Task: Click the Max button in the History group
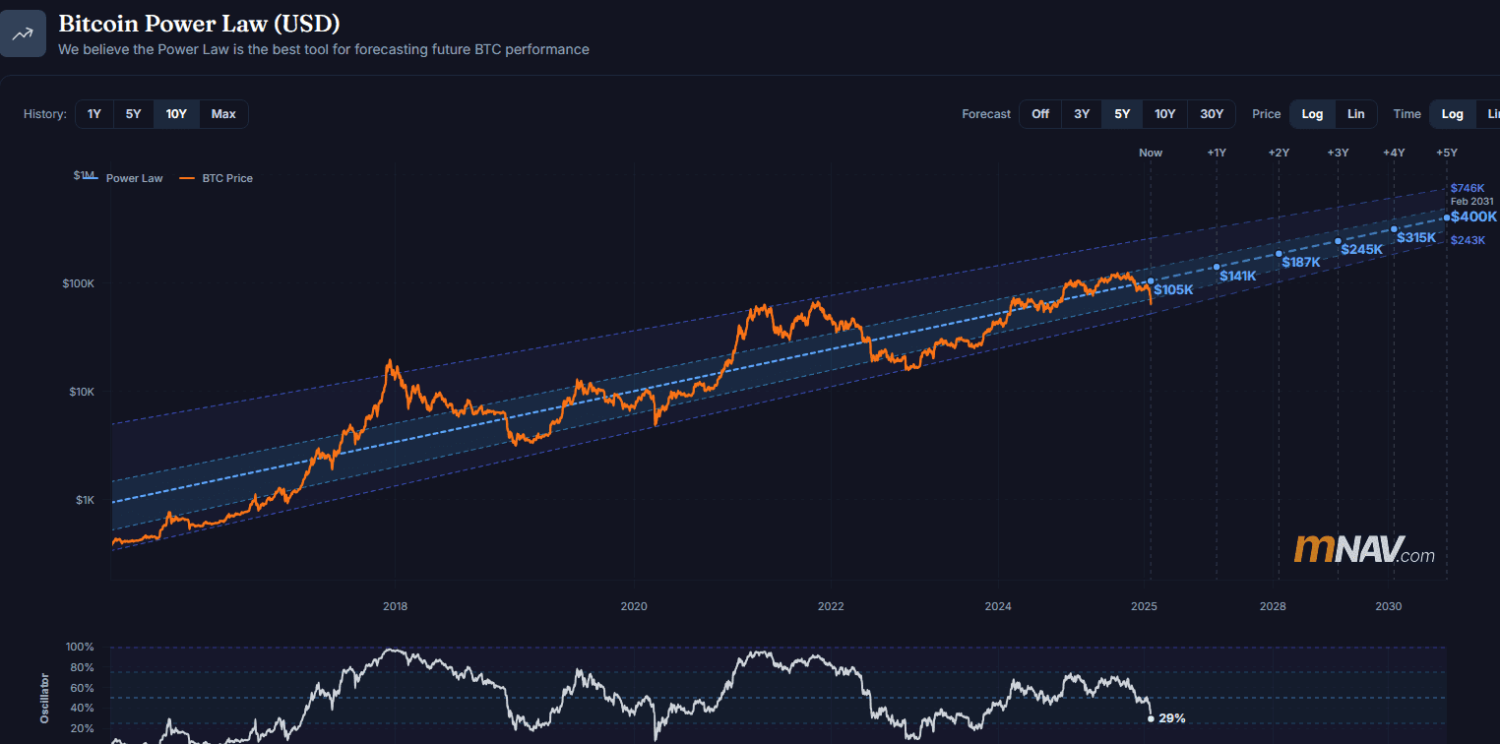(x=223, y=114)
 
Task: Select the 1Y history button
(x=94, y=114)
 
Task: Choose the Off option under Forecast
(x=1040, y=114)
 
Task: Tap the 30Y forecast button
(x=1212, y=114)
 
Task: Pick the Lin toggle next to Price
(x=1355, y=114)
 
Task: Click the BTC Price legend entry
(x=226, y=178)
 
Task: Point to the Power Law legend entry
(x=134, y=178)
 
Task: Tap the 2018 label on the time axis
(x=395, y=606)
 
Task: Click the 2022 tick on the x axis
(x=831, y=606)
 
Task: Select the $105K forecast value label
(x=1173, y=290)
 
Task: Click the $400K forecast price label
(x=1473, y=217)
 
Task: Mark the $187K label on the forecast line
(x=1301, y=262)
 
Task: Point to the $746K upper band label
(x=1467, y=188)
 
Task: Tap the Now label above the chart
(x=1150, y=153)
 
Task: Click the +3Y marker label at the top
(x=1338, y=153)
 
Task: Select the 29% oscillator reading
(x=1172, y=718)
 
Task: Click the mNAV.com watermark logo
(x=1364, y=550)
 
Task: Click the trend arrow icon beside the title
(x=23, y=33)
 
